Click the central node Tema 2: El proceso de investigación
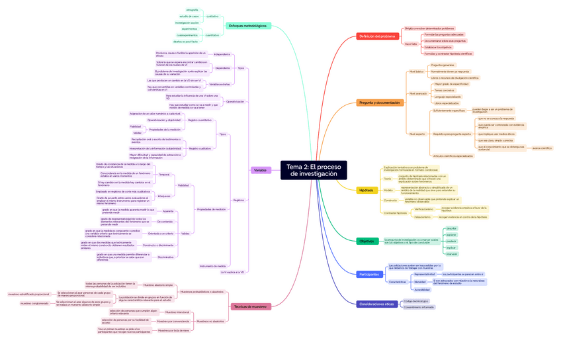point(314,170)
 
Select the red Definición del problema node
point(377,36)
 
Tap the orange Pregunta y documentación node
point(379,103)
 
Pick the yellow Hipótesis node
point(366,191)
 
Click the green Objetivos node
point(367,242)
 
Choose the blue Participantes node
point(369,274)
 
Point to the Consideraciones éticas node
point(376,304)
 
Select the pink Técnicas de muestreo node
point(251,306)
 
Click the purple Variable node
point(260,170)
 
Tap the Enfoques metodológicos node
point(247,26)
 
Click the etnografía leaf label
point(192,10)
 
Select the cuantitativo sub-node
point(212,35)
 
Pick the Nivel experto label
point(417,134)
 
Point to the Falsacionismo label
point(423,216)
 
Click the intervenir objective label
point(451,253)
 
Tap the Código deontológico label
point(416,301)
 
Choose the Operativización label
point(235,101)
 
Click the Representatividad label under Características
point(425,274)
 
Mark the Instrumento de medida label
point(212,266)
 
